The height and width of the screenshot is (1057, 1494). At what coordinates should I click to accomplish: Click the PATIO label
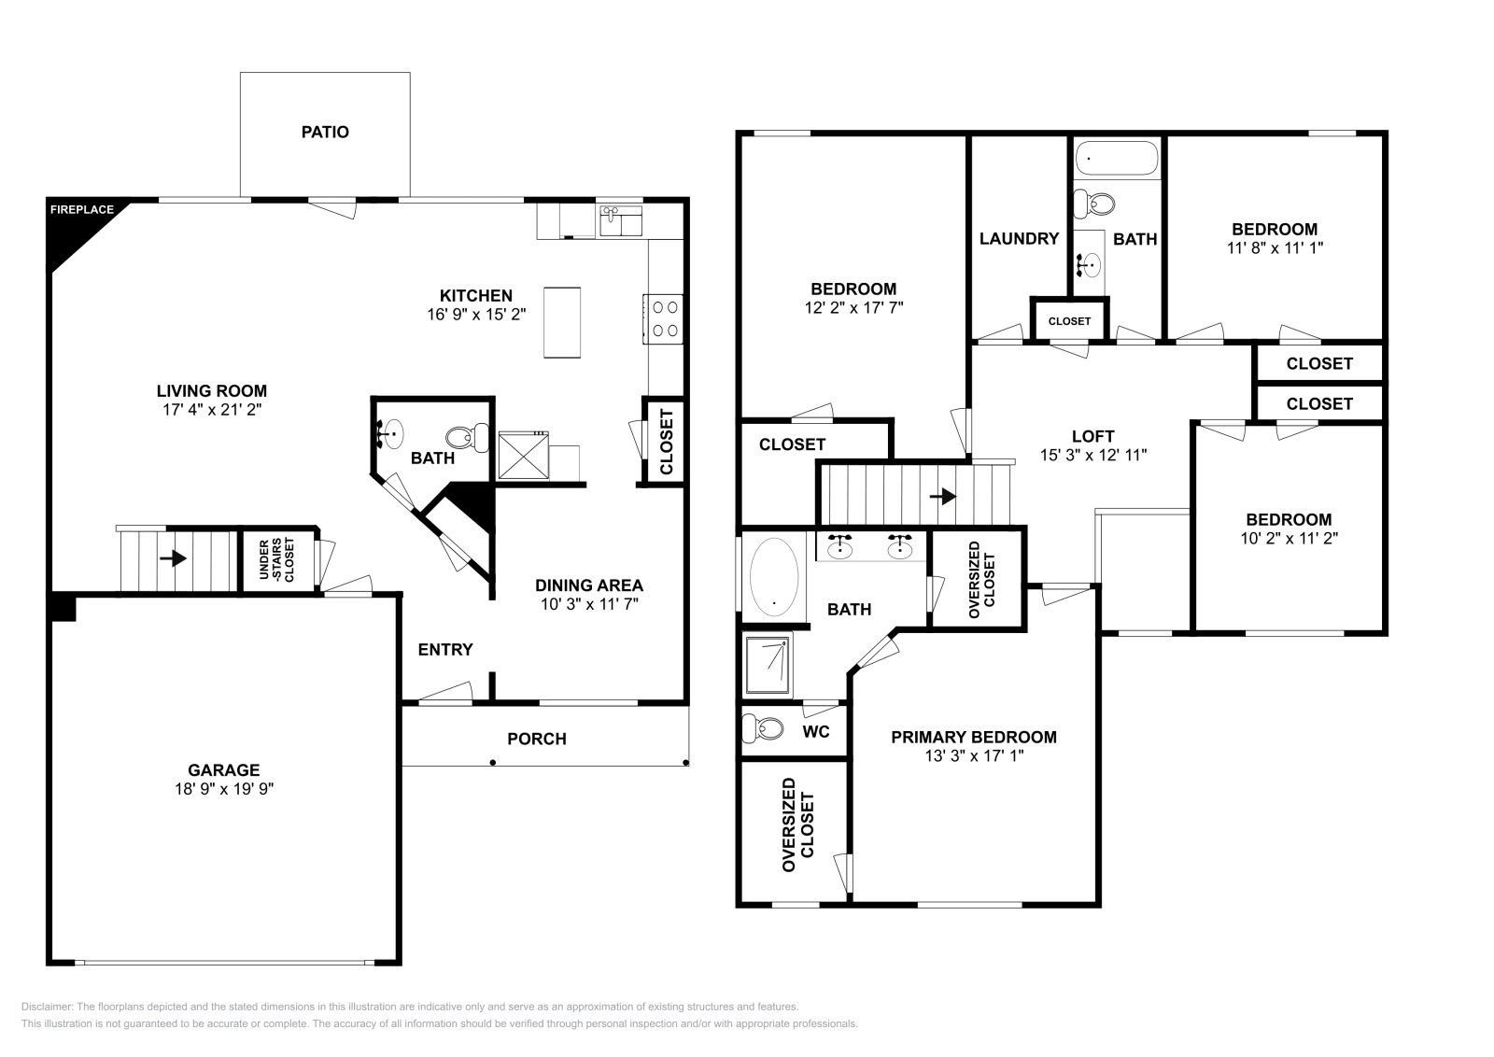click(325, 132)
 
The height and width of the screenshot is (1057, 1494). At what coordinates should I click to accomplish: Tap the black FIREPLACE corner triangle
click(75, 229)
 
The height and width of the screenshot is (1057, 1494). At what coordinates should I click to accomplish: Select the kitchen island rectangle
click(561, 323)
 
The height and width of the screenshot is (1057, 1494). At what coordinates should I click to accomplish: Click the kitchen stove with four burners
click(663, 318)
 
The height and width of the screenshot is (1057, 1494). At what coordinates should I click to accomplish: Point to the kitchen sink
click(620, 220)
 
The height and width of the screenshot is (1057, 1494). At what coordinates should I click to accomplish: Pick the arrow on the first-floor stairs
click(174, 557)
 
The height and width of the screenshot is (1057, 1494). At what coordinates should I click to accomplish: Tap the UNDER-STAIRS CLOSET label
click(276, 559)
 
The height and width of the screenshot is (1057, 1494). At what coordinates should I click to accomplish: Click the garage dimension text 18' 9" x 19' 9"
click(224, 789)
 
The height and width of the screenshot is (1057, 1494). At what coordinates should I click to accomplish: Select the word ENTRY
click(445, 650)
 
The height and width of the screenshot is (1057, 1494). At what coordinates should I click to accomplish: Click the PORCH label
click(537, 739)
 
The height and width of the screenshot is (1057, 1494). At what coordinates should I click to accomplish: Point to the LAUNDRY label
click(1019, 239)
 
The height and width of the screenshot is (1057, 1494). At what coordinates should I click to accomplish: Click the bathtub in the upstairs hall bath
click(1117, 159)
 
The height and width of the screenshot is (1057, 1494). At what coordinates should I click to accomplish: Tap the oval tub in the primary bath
click(774, 576)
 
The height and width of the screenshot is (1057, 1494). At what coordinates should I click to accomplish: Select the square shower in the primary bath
click(768, 665)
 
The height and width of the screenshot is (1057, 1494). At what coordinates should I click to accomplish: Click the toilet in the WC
click(762, 728)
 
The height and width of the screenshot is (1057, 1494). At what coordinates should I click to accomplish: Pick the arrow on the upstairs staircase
click(943, 496)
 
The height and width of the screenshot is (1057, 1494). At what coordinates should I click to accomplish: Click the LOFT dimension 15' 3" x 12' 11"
click(1093, 455)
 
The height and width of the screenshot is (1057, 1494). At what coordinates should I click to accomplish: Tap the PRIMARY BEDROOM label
click(974, 737)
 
